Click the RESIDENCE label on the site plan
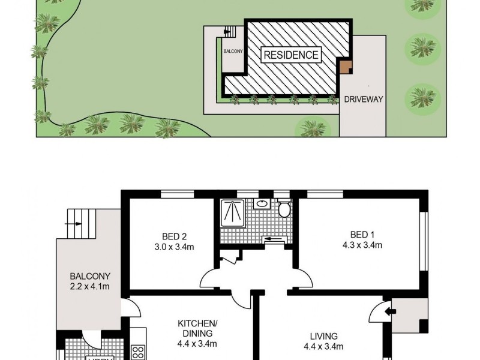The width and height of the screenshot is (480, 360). pos(290,55)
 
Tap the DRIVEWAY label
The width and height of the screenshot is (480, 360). pos(364,100)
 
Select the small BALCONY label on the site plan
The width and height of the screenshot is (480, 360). pos(233,52)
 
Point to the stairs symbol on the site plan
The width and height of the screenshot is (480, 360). pos(227,31)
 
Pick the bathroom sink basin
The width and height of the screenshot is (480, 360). pos(262,205)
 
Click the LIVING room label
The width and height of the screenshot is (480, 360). pos(325,336)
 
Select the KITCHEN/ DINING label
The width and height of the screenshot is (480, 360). pos(197,328)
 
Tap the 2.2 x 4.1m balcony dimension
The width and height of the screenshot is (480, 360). pos(91,286)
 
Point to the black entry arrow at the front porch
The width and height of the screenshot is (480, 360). pos(389,311)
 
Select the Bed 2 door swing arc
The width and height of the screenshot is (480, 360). pos(214,279)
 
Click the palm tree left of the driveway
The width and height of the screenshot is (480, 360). pos(310,127)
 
